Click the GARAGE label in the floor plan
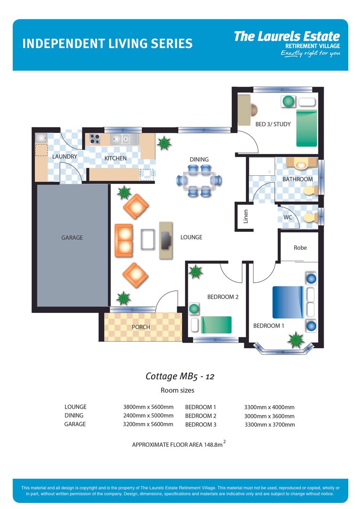click(x=72, y=238)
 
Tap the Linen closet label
click(x=245, y=217)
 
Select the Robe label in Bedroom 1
click(x=300, y=247)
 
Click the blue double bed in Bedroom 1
click(x=287, y=302)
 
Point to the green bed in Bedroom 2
click(x=216, y=325)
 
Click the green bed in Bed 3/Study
click(x=307, y=129)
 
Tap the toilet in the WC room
click(x=310, y=218)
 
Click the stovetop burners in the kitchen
click(x=95, y=139)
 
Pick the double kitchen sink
click(x=124, y=139)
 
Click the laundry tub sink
click(x=41, y=138)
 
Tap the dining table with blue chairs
click(x=199, y=180)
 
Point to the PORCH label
click(x=141, y=327)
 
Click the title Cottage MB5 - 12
click(x=180, y=376)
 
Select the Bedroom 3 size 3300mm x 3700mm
click(x=269, y=425)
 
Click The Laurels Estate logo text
click(x=286, y=37)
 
